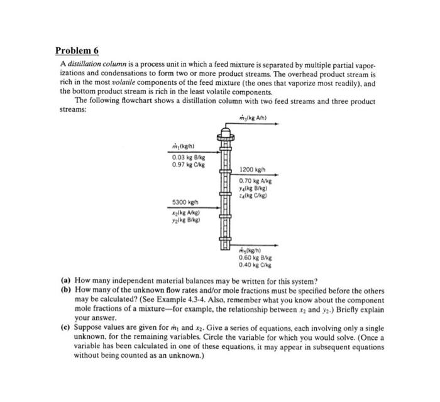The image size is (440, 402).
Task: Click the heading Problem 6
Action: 77,50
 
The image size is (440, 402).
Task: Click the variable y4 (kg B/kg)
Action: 255,188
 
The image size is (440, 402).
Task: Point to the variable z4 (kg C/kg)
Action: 255,195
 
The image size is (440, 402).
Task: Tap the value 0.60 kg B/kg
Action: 255,258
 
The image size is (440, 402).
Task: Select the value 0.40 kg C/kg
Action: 255,265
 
